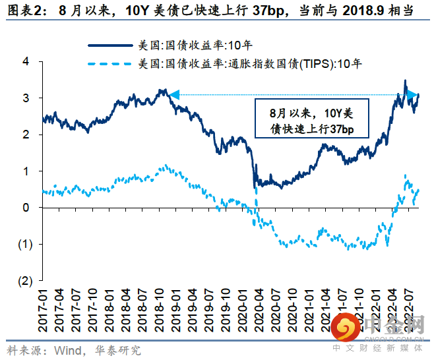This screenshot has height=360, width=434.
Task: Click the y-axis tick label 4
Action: point(26,61)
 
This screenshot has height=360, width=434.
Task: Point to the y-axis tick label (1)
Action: point(24,245)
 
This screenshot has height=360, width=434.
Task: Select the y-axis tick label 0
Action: point(26,208)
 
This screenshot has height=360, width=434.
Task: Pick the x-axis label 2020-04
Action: point(257,310)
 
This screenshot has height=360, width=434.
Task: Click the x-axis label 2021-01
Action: point(306,310)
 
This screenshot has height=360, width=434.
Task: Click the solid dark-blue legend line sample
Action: point(109,45)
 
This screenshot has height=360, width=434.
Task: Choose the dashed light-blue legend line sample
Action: point(109,64)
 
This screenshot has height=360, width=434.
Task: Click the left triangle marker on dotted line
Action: point(174,96)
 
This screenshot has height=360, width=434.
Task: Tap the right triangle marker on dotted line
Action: point(412,96)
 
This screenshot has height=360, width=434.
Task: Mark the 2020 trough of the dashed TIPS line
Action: point(285,245)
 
